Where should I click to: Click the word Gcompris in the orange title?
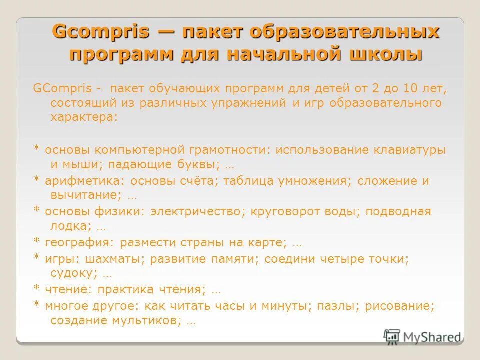[101, 32]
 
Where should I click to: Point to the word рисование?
[400, 306]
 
